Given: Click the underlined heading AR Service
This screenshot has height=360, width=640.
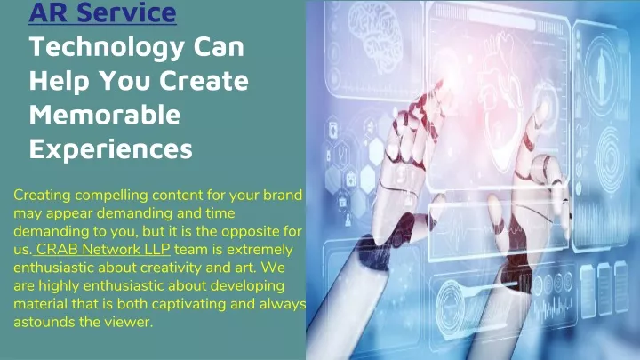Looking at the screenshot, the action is (x=102, y=12).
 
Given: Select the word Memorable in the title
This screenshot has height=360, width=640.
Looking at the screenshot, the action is (x=105, y=115).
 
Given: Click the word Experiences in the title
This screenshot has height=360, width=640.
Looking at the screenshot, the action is (x=110, y=150).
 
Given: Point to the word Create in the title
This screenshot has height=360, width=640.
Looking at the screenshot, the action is (x=204, y=80).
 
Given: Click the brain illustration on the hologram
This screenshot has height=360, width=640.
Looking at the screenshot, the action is (x=376, y=35).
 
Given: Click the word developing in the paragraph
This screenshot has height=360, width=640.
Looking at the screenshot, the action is (x=247, y=286).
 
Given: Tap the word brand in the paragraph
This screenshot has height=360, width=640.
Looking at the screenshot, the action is (x=283, y=195).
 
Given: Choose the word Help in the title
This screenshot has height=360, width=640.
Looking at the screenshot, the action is (x=60, y=81).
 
